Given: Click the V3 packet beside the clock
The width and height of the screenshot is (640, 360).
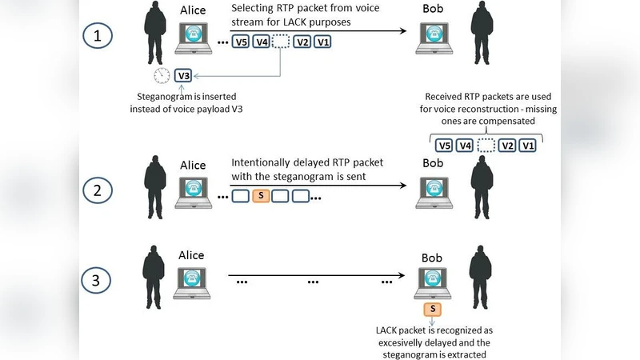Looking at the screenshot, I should (183, 76).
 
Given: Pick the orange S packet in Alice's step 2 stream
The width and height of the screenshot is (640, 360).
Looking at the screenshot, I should (262, 196).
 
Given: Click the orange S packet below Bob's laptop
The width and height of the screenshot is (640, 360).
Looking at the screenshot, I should (433, 309).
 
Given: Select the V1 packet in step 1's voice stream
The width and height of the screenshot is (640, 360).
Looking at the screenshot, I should (322, 42).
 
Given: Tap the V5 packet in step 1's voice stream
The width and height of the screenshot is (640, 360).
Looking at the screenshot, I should (240, 42).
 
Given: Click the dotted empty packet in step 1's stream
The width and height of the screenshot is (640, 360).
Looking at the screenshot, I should (281, 42).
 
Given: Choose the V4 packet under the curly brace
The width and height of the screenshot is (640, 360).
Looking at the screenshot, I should (465, 146).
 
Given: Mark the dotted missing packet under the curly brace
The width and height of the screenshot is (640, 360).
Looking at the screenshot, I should (486, 146).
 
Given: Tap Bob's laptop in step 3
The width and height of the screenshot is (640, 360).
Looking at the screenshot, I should (433, 281).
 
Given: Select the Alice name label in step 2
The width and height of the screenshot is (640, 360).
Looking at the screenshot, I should (192, 165).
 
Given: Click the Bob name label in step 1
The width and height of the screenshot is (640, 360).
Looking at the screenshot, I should (433, 9).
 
